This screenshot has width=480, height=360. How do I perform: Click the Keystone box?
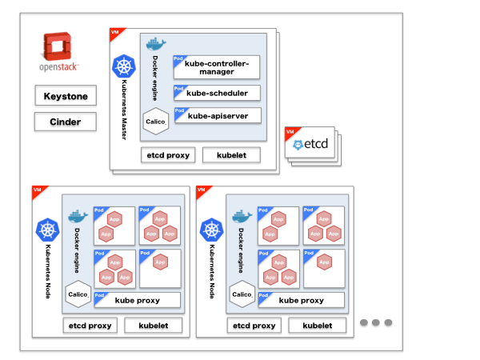pos(66,97)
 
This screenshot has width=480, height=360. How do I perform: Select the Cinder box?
pos(66,122)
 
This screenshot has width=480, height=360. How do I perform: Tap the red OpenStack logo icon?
pos(59,48)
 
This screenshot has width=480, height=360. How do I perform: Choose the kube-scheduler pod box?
pos(217,93)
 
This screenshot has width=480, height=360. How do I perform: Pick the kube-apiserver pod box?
pos(217,116)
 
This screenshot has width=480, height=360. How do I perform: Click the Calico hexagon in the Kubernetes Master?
pos(155,121)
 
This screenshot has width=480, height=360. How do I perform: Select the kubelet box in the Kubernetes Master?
pos(231,154)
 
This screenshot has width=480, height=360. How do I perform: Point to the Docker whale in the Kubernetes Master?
pos(155,44)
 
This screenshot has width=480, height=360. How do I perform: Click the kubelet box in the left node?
pos(154,326)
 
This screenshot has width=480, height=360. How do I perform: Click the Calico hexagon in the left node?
pos(78,294)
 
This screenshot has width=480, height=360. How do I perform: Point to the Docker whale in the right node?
pos(240,215)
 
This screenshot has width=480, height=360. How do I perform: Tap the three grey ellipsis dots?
pos(375,322)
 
